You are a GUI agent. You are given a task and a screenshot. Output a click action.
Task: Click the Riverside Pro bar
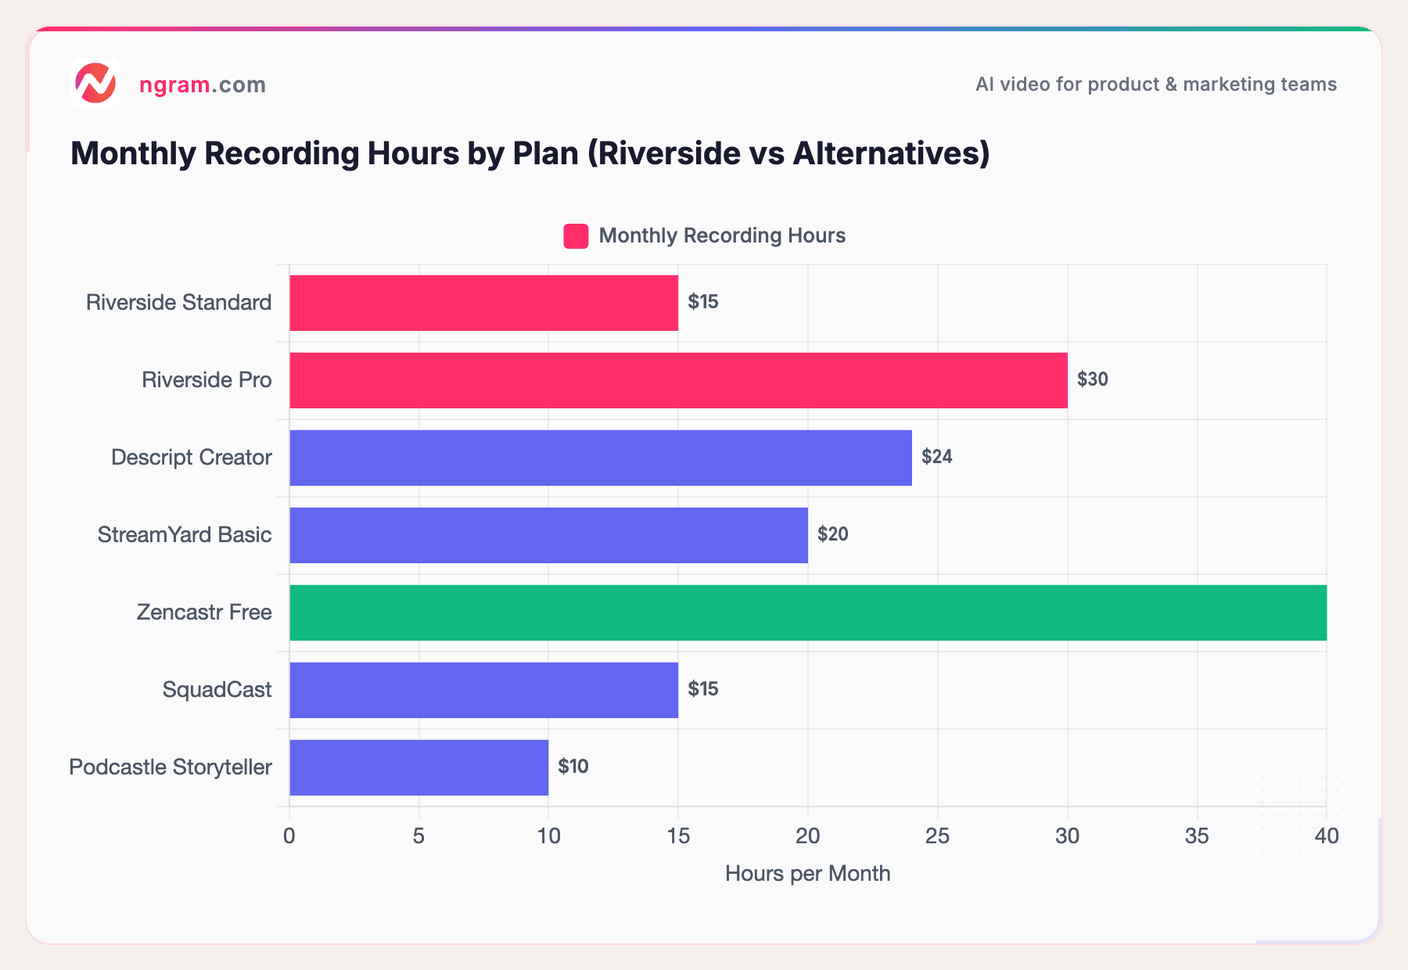(678, 380)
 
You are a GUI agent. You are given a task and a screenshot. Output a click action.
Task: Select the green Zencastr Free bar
(807, 613)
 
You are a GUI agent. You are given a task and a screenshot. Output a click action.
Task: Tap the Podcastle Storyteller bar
(418, 767)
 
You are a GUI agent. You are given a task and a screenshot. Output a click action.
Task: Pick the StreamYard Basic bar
(548, 535)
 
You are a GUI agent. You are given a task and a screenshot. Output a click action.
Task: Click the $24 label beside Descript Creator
(936, 457)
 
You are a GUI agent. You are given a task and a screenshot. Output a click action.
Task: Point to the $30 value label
(1092, 379)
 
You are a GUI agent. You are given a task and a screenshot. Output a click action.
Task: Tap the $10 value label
(573, 767)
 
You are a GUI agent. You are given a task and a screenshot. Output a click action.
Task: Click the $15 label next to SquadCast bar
(702, 689)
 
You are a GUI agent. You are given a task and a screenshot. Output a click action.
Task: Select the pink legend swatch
(576, 236)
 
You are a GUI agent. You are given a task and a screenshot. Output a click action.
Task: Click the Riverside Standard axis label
(178, 303)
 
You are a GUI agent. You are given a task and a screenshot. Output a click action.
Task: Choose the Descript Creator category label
(191, 458)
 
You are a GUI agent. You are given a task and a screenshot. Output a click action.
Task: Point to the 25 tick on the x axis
(937, 836)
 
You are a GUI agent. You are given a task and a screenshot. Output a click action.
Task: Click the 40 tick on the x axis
(1326, 836)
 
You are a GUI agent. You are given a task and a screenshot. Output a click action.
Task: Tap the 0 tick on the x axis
(289, 836)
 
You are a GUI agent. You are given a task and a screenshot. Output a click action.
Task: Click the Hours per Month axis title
(807, 874)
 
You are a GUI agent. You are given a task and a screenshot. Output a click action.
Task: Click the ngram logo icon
(95, 83)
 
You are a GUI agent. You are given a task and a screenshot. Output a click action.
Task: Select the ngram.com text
(202, 84)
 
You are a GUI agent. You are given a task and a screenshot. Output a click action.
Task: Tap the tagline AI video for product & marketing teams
(1155, 84)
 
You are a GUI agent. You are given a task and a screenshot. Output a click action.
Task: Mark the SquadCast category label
(217, 690)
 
